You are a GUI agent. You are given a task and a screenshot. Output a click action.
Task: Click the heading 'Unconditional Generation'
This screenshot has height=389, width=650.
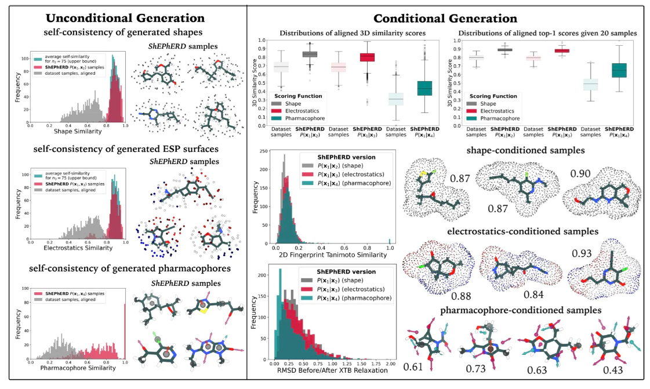125,18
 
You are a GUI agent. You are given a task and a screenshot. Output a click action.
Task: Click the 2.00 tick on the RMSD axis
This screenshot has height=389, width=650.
390,363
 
